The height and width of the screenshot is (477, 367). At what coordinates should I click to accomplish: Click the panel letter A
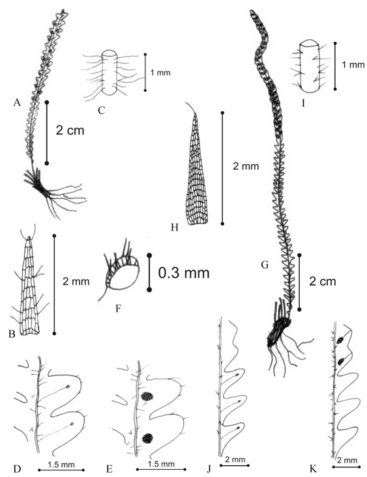coord(17,103)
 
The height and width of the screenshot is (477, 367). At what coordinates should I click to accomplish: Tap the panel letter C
coord(102,110)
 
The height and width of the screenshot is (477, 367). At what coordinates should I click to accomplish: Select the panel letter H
coord(174,227)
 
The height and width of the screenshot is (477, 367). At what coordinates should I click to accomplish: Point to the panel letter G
coord(265,265)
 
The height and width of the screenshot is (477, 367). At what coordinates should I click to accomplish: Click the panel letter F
coord(118,308)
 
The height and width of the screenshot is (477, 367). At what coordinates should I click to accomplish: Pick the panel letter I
coord(303,103)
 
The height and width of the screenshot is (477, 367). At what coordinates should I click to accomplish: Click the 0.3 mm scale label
coord(184,273)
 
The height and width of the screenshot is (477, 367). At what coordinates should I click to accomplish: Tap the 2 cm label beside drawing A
coord(70,131)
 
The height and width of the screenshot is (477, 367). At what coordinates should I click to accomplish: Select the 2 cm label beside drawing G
coord(323,281)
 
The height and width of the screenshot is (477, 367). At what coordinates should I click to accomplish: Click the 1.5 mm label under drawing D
coord(61,465)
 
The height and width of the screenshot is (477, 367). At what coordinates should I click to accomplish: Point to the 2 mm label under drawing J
coord(235,459)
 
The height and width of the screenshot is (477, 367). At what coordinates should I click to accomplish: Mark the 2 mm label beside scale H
coord(246,167)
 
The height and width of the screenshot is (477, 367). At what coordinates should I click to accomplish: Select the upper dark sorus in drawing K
coord(340,340)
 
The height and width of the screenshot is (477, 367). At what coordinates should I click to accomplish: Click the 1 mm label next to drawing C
coord(160,73)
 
